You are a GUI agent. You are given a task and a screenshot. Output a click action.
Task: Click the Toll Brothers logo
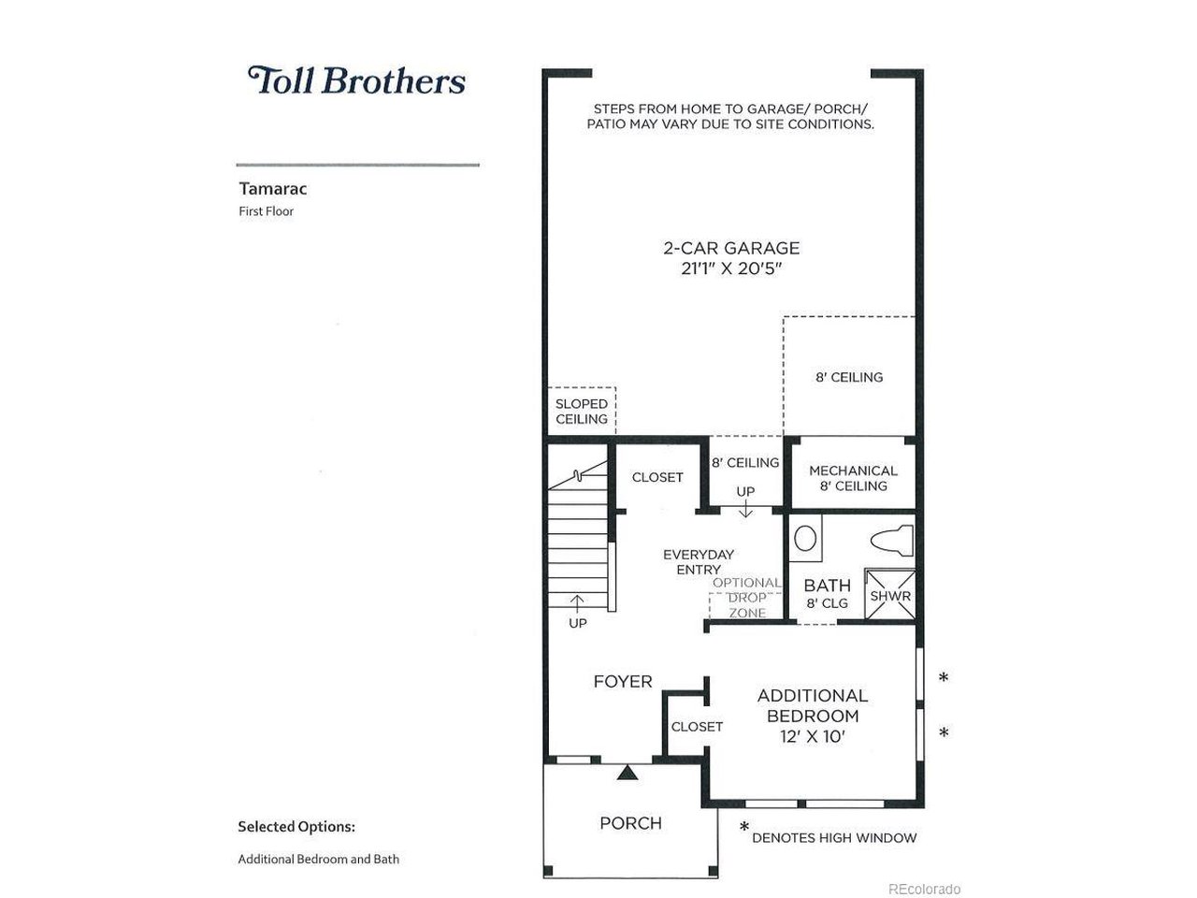[x=356, y=80]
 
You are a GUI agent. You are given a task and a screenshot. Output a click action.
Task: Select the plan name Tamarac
[x=273, y=189]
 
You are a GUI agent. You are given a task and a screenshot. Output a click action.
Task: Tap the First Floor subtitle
[x=267, y=211]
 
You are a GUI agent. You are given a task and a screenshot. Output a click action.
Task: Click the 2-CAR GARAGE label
[x=731, y=248]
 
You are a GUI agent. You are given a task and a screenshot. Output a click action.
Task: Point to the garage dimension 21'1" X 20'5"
[x=731, y=268]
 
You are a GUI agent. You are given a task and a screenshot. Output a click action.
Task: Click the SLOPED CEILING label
[x=582, y=411]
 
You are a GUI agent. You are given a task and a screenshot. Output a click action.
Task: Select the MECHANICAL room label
[x=853, y=471]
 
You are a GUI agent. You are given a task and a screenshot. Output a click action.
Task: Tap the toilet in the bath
[x=891, y=541]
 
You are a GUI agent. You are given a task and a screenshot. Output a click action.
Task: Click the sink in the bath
[x=805, y=539]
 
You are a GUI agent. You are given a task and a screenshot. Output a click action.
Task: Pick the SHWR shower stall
[x=890, y=596]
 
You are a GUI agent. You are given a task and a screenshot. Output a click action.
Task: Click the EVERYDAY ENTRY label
[x=698, y=562]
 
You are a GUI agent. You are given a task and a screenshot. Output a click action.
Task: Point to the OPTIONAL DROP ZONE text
[x=747, y=598]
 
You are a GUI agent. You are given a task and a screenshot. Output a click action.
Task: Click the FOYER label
[x=623, y=682]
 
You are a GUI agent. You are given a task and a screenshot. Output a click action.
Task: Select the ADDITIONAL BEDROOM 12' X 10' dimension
[x=813, y=736]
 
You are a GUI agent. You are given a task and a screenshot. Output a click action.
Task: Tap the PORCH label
[x=631, y=823]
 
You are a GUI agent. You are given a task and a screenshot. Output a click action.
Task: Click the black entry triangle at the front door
[x=627, y=773]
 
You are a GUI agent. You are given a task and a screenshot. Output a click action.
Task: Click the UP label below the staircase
[x=578, y=623]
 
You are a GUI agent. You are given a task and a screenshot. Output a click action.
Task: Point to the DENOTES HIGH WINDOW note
[x=834, y=837]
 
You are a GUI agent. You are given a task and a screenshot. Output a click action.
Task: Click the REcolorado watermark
[x=924, y=890]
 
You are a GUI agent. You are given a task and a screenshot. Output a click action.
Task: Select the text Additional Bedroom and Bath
[x=319, y=859]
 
